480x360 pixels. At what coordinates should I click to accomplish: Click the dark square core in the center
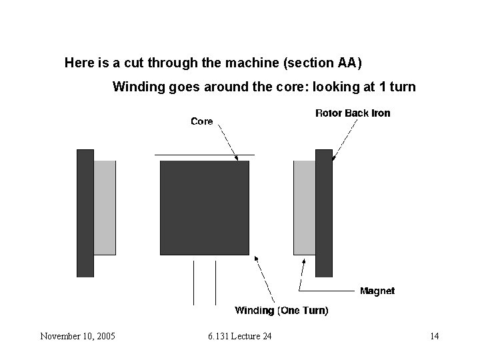204,207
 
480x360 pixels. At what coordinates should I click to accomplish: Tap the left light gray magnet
105,207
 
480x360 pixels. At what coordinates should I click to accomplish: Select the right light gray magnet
305,207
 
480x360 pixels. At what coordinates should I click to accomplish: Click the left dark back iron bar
85,213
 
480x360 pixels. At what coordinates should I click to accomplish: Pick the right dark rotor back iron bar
323,213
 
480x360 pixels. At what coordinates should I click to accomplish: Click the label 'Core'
201,121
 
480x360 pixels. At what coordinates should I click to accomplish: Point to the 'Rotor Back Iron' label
353,113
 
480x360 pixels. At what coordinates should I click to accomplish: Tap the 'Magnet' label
377,291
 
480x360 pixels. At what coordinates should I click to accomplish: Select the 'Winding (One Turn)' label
281,311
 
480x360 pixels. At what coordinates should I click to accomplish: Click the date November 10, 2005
77,336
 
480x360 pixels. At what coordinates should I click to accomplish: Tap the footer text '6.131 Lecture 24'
239,336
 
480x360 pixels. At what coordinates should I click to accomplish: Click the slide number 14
434,336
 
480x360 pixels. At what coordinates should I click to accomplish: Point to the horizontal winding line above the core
204,155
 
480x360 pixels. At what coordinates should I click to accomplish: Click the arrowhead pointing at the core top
235,157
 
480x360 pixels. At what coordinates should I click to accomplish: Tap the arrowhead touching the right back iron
333,159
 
